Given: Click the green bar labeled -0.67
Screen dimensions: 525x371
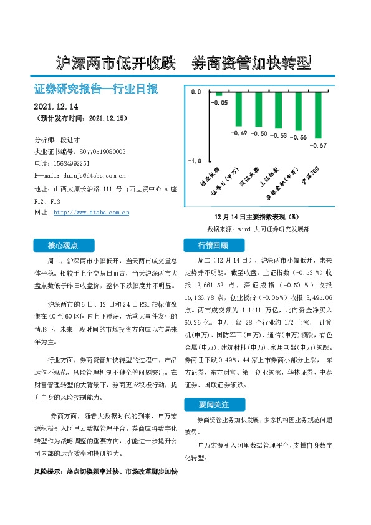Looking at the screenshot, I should click(319, 115).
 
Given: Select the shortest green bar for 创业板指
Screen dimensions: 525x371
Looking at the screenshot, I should click(219, 94).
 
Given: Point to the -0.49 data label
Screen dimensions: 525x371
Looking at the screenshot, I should click(239, 133).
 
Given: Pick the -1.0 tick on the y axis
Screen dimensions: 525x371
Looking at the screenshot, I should click(195, 161).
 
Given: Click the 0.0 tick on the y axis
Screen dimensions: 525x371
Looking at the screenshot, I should click(196, 92).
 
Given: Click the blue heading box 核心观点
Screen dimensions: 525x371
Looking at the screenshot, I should click(65, 244).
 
